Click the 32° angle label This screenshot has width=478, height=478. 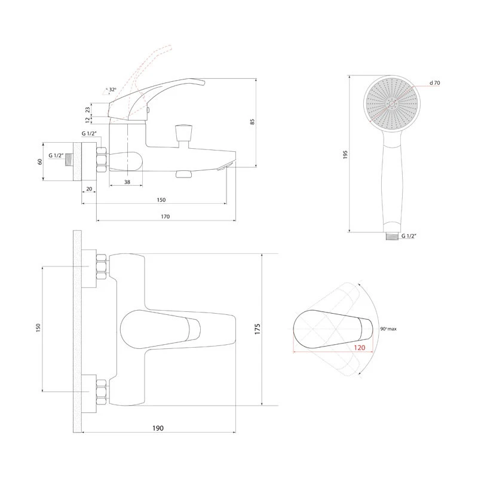point(112,90)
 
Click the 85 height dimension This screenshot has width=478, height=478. point(252,122)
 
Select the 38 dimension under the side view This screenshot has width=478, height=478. point(127,182)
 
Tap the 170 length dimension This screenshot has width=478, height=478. point(166,216)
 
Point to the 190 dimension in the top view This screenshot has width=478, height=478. point(158,428)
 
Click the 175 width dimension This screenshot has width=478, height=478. point(258,329)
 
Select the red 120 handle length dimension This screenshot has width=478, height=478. point(360,348)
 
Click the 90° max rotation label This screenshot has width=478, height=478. point(388,329)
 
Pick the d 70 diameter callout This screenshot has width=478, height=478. point(435,82)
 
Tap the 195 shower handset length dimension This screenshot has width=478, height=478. point(345,155)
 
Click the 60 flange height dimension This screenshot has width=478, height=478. point(40,161)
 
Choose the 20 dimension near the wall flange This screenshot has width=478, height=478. point(89,189)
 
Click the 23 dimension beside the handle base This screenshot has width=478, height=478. point(88,110)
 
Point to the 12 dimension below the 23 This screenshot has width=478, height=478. point(88,120)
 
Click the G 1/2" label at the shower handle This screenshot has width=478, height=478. point(409,235)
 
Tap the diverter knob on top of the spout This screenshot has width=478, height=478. point(183,132)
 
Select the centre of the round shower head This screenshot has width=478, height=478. point(392,103)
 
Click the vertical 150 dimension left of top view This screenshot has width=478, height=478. point(38,327)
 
